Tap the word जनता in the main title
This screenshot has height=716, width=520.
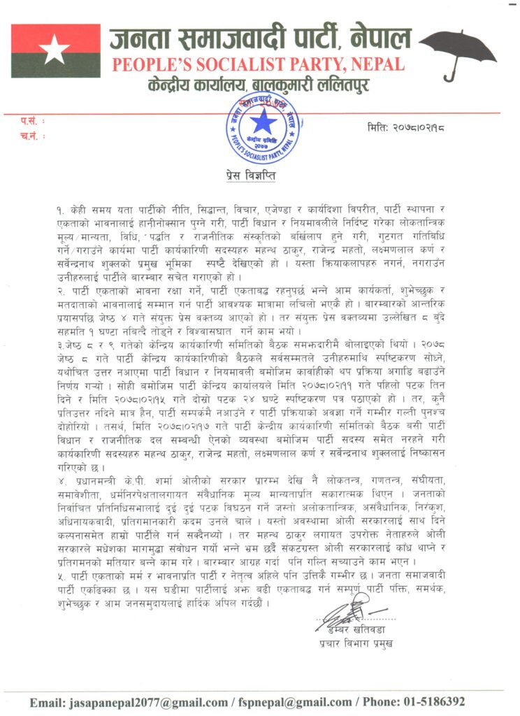click(140, 38)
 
